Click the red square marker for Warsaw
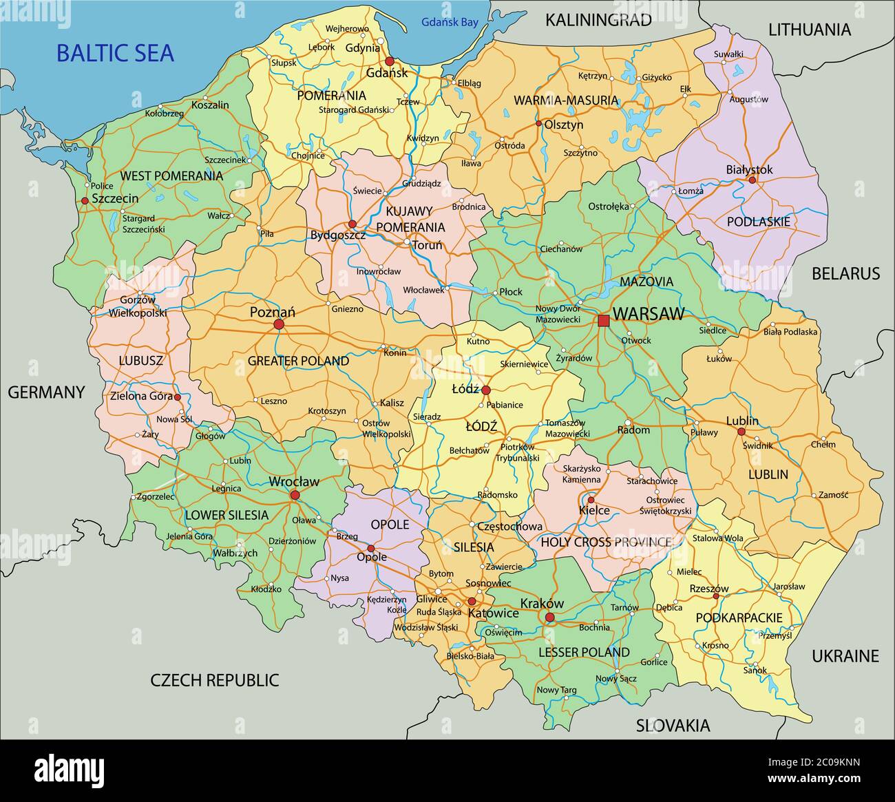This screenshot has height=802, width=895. pyautogui.click(x=604, y=320)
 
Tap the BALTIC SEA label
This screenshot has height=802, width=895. pyautogui.click(x=115, y=53)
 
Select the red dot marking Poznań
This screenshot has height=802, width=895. pyautogui.click(x=279, y=324)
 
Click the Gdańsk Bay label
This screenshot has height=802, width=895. pyautogui.click(x=450, y=23)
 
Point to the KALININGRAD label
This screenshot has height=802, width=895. pyautogui.click(x=598, y=20)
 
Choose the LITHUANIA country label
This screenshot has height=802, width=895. pyautogui.click(x=810, y=30)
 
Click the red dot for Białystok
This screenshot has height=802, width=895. pyautogui.click(x=752, y=180)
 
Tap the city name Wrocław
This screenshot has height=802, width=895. pyautogui.click(x=294, y=482)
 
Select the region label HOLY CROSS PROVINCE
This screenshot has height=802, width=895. pyautogui.click(x=606, y=542)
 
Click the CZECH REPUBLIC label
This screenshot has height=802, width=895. pyautogui.click(x=215, y=680)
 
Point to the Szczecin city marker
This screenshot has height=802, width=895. pyautogui.click(x=85, y=200)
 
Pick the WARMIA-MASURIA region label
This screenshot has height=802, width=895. pyautogui.click(x=566, y=101)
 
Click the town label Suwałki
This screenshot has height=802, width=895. pyautogui.click(x=728, y=54)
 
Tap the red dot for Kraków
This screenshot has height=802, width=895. pyautogui.click(x=549, y=618)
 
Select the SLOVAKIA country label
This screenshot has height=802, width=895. pyautogui.click(x=673, y=725)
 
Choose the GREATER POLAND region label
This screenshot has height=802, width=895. pyautogui.click(x=298, y=361)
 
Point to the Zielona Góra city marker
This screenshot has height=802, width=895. pyautogui.click(x=177, y=397)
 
